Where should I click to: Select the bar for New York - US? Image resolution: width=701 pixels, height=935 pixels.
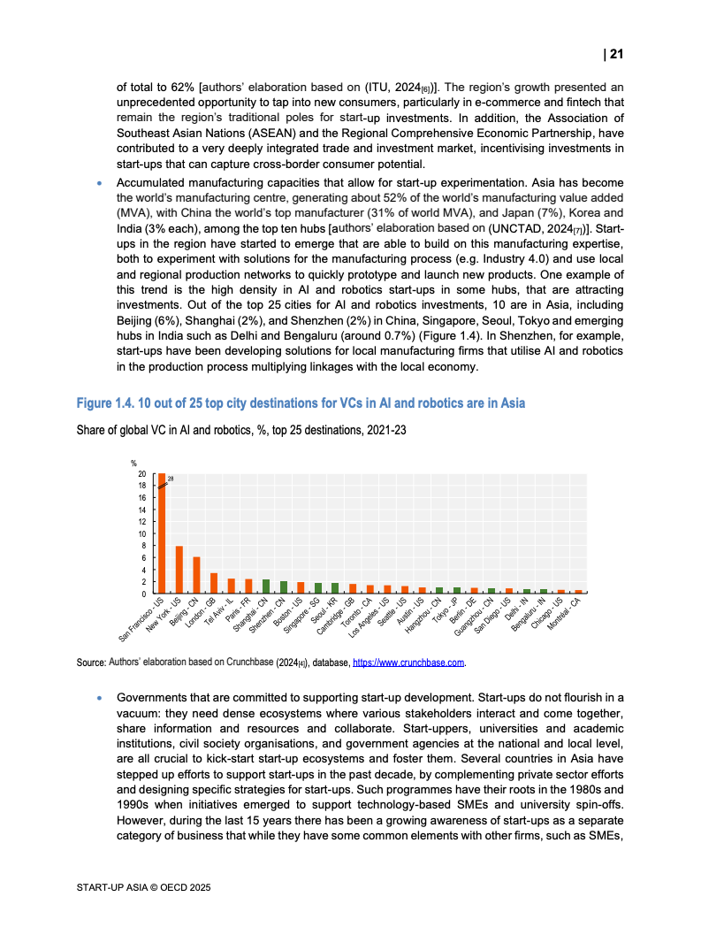[179, 570]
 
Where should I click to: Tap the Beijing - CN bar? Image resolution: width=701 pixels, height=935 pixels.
[196, 575]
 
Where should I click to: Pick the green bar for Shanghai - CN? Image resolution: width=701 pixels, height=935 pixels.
[266, 586]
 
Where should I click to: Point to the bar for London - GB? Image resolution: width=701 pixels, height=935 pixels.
[214, 583]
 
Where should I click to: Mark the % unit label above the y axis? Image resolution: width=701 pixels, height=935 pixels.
[134, 463]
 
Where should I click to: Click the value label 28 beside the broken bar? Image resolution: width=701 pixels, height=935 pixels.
[171, 479]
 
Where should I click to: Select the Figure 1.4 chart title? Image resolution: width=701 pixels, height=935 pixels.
[301, 403]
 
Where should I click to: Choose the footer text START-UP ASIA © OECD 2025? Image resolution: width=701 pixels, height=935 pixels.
[144, 886]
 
